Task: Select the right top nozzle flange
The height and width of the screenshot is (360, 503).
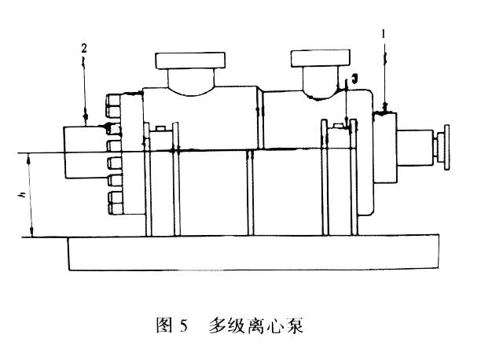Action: point(321,57)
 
